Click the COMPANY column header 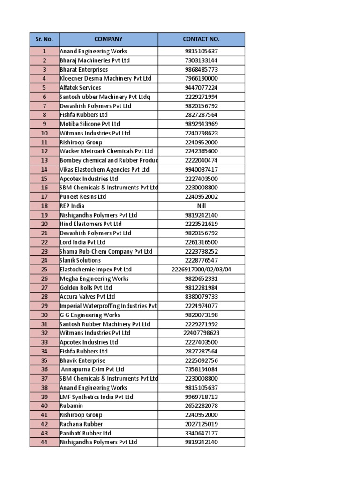coord(108,39)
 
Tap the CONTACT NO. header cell coord(201,39)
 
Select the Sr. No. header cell coord(44,39)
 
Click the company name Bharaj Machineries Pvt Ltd coord(95,60)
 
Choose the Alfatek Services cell coord(80,88)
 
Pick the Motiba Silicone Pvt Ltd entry coord(90,124)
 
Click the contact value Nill coord(201,206)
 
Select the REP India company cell coord(72,206)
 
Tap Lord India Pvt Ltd coord(82,242)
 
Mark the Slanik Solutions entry coord(80,260)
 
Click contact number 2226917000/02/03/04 coord(201,270)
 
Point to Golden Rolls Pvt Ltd coord(86,288)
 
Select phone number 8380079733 coord(201,297)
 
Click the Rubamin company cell coord(71,406)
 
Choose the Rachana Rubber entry coord(81,424)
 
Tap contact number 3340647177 coord(201,433)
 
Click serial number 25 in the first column coord(44,270)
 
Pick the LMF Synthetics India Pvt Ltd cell coord(97,397)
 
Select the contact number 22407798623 coord(201,333)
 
